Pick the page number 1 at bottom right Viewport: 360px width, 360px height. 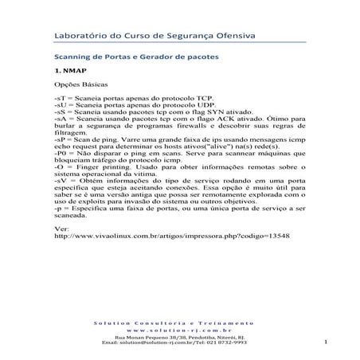click(327, 342)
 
